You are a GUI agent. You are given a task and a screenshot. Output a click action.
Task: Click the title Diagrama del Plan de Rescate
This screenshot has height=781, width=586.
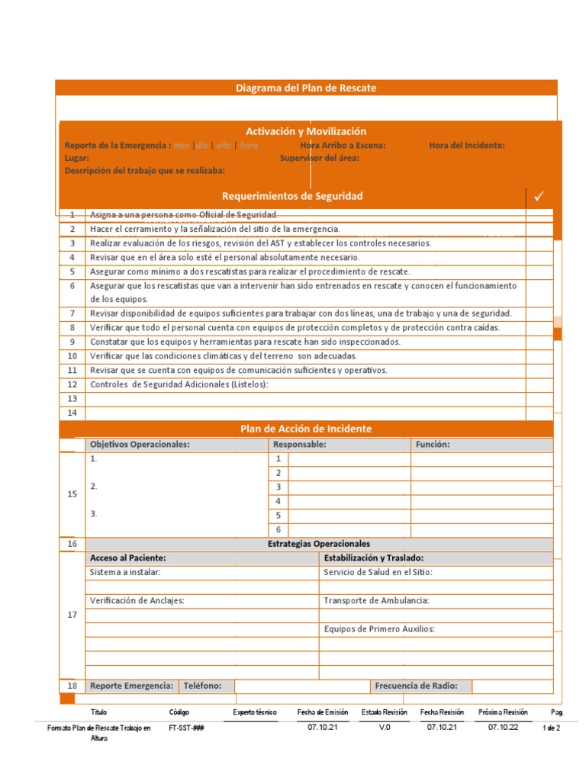(306, 88)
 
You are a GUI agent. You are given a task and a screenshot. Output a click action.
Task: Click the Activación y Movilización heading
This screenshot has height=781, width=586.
(306, 131)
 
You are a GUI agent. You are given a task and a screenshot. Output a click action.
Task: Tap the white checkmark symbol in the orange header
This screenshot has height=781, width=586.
(539, 197)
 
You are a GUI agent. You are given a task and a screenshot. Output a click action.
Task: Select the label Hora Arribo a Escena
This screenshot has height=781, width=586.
(343, 146)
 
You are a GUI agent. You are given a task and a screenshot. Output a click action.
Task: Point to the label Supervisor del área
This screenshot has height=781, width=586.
(320, 158)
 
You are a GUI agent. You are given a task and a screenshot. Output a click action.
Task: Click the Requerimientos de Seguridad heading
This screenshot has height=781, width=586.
(292, 197)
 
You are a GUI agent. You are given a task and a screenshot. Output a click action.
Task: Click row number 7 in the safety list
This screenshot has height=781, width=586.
(72, 313)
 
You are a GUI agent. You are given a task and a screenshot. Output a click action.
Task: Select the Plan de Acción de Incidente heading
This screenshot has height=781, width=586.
(306, 429)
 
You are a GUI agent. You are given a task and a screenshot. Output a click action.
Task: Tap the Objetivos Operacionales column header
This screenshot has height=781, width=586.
(140, 444)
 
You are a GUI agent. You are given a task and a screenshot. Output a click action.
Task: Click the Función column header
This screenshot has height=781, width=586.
(433, 444)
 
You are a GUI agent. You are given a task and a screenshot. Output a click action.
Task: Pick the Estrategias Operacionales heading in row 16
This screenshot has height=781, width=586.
(319, 544)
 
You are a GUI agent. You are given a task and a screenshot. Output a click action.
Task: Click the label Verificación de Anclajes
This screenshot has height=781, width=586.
(137, 601)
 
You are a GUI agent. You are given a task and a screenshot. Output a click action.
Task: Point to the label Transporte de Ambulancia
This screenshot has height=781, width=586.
(376, 601)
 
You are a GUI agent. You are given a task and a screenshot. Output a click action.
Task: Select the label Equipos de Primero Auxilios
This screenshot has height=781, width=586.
(379, 629)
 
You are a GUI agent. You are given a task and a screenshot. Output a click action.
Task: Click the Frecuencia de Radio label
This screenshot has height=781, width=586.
(422, 686)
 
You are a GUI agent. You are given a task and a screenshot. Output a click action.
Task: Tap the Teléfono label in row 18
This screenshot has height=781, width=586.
(202, 686)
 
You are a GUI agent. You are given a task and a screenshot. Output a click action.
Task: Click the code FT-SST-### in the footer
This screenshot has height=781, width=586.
(186, 728)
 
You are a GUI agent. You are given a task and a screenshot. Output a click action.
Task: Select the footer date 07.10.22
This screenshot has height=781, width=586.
(503, 728)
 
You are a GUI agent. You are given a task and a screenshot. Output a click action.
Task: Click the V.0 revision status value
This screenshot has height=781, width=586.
(385, 728)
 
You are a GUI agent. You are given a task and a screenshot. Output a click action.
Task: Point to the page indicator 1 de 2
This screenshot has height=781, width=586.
(551, 728)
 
